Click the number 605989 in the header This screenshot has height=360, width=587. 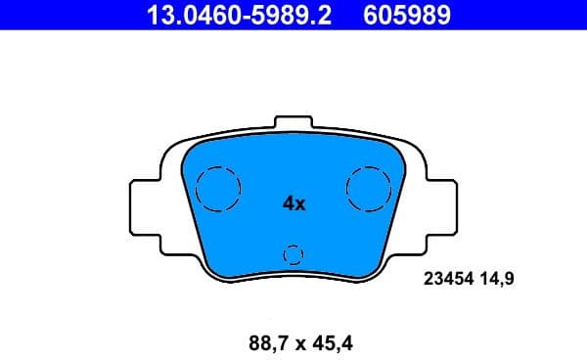[407, 15]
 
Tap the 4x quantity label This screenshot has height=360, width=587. [293, 203]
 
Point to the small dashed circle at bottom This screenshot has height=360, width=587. [293, 254]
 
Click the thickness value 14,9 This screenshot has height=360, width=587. [498, 279]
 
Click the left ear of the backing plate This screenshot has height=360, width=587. [143, 204]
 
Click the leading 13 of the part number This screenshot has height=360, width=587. [158, 15]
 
